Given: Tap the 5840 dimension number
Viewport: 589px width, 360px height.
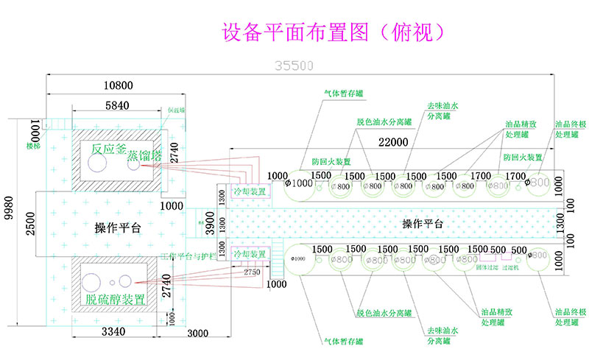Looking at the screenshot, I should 117,106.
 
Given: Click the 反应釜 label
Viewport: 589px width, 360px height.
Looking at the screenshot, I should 108,149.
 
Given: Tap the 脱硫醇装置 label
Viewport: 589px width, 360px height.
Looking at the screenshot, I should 115,300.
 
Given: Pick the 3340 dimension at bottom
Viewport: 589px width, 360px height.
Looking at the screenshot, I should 116,333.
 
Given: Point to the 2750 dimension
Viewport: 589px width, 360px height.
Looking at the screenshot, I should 252,272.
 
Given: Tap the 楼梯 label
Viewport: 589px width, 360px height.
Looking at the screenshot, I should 33,147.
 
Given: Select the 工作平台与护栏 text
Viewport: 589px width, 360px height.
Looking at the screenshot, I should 189,257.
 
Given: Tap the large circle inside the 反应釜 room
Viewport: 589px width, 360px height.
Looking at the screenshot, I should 97,166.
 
